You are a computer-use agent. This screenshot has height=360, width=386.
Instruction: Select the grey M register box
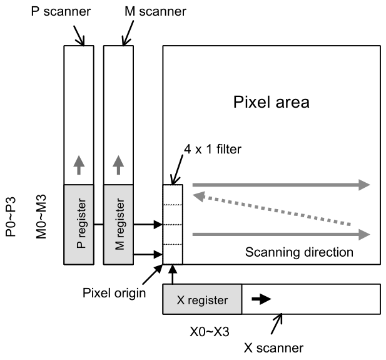(x=119, y=224)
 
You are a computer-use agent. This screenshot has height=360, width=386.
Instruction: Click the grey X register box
(x=201, y=299)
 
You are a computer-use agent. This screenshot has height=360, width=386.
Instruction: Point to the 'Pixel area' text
(x=271, y=102)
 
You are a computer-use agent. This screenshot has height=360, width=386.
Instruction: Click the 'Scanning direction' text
(x=299, y=252)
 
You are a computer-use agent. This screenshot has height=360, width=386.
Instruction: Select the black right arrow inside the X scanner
(x=261, y=299)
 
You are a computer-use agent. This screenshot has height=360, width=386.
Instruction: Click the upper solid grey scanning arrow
(x=281, y=185)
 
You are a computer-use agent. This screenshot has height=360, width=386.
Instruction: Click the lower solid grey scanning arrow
(x=281, y=235)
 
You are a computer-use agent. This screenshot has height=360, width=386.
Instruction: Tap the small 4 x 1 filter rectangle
(x=173, y=224)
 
